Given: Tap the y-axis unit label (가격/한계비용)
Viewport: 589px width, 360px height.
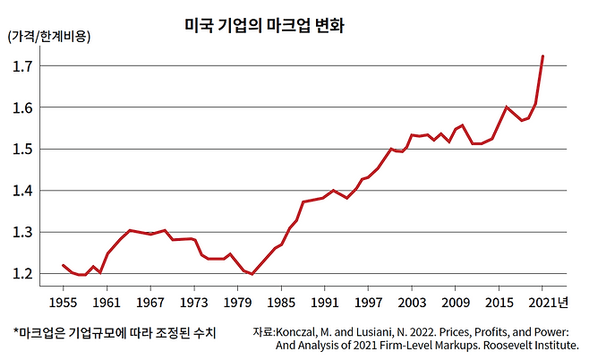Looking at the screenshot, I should pos(49,37).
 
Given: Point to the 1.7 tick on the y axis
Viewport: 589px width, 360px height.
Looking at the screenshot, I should pos(24,66).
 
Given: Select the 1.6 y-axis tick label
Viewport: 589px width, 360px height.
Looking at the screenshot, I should pos(24,107).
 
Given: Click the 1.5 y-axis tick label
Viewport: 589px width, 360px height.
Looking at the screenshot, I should pos(24,149).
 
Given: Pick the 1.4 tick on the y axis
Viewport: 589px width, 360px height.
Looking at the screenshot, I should pos(24,191).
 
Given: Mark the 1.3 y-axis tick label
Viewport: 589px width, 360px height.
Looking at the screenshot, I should pos(24,232).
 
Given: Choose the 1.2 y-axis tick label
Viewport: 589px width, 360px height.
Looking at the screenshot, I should pos(24,273).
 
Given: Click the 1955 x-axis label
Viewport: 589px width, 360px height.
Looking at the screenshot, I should pos(63,302).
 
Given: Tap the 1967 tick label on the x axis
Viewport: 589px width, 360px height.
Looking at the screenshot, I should pos(149,302).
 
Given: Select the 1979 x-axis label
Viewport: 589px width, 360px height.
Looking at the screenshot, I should pos(237,302).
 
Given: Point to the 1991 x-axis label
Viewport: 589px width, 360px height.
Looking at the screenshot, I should pos(324,302).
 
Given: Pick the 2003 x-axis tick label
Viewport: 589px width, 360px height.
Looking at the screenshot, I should pos(412,302).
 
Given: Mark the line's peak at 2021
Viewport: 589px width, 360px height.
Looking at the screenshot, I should pos(542,56).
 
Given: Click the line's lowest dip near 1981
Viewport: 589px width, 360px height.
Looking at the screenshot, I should pos(252,274).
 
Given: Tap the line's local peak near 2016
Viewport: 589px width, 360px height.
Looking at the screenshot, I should pos(507,107).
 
